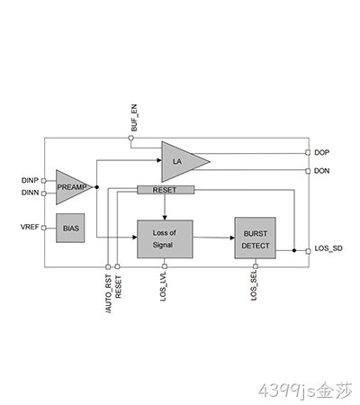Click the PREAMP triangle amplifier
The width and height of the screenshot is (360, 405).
pyautogui.click(x=71, y=187)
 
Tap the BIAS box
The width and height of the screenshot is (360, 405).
pyautogui.click(x=70, y=228)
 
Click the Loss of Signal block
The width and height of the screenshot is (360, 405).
pyautogui.click(x=165, y=239)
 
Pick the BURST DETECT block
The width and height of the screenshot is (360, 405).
pyautogui.click(x=255, y=238)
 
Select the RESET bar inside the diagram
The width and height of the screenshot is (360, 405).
pyautogui.click(x=166, y=190)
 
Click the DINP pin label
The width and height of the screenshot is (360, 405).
pyautogui.click(x=30, y=180)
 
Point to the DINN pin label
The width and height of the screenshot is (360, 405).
pyautogui.click(x=30, y=193)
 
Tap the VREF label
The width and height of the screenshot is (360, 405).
pyautogui.click(x=30, y=227)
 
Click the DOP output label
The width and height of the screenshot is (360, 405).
pyautogui.click(x=321, y=152)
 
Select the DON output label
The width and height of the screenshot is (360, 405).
pyautogui.click(x=321, y=171)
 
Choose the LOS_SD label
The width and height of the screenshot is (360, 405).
pyautogui.click(x=328, y=248)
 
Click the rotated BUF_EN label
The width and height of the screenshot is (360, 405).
pyautogui.click(x=134, y=118)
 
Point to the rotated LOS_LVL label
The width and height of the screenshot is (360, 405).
pyautogui.click(x=163, y=286)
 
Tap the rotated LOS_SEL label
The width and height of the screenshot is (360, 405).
pyautogui.click(x=254, y=285)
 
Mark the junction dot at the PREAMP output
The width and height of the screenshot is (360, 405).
pyautogui.click(x=96, y=187)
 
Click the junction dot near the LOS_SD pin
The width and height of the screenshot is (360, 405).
pyautogui.click(x=294, y=250)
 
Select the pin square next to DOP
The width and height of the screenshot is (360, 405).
pyautogui.click(x=308, y=153)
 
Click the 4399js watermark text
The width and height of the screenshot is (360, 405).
pyautogui.click(x=305, y=391)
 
